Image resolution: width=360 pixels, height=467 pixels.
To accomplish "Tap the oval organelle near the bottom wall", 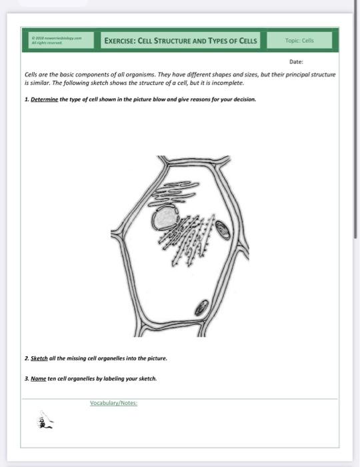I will [200, 308].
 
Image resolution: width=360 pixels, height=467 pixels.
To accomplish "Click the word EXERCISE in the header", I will [119, 41].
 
